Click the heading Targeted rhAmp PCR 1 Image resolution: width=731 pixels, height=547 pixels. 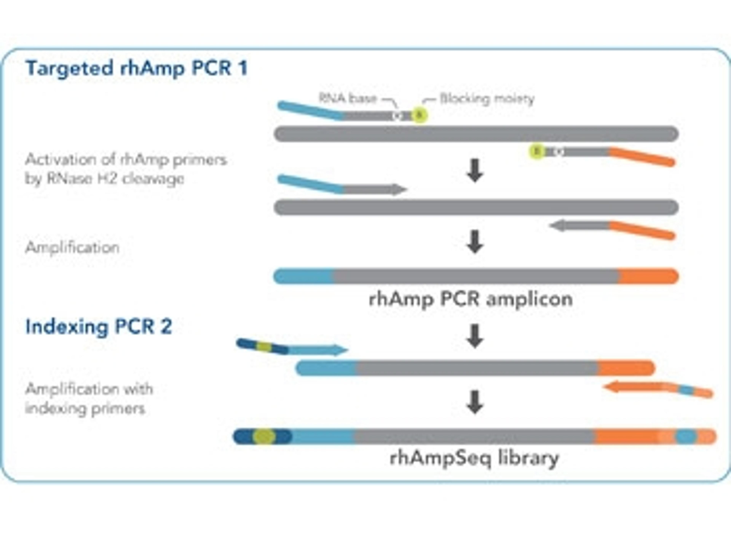[136, 68]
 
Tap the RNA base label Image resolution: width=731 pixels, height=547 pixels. [347, 98]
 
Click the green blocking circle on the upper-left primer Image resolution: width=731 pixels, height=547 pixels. [420, 115]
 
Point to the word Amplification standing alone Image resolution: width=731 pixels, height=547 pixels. [72, 247]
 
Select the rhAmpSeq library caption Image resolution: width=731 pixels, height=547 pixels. [474, 458]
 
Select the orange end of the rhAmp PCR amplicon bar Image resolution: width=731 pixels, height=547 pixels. [648, 276]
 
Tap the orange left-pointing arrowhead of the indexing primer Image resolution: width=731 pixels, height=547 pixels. [610, 386]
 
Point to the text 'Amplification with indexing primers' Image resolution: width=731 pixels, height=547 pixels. [89, 399]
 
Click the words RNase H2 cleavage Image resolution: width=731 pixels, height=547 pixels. [115, 179]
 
